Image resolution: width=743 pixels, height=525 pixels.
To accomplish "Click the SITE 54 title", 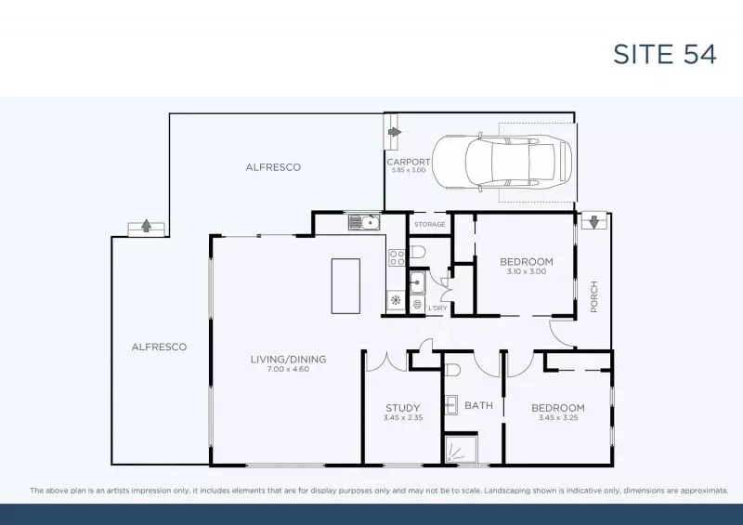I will [x=664, y=54].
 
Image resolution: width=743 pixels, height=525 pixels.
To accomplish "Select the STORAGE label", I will [x=429, y=224].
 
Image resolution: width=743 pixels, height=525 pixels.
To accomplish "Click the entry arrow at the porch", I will [x=592, y=222].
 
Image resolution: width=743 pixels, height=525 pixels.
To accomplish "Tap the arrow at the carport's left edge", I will [x=394, y=132].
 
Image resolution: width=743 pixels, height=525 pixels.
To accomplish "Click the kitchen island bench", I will [x=347, y=285].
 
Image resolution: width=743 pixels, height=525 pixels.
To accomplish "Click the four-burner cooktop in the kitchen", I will [x=395, y=253].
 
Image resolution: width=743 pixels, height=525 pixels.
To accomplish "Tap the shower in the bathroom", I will [x=460, y=450].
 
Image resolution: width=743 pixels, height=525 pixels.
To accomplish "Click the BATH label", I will [x=479, y=406].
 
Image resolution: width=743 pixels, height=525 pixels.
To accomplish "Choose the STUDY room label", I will [x=403, y=407].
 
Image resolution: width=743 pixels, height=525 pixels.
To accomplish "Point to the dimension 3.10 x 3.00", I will [x=526, y=272].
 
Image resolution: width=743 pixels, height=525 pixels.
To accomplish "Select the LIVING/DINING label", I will [x=288, y=359].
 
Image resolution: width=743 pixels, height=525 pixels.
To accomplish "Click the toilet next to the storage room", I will [x=418, y=251].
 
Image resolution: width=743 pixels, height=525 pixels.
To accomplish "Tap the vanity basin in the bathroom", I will [x=450, y=403].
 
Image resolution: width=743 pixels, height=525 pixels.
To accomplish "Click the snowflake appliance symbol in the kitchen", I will [x=395, y=300].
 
